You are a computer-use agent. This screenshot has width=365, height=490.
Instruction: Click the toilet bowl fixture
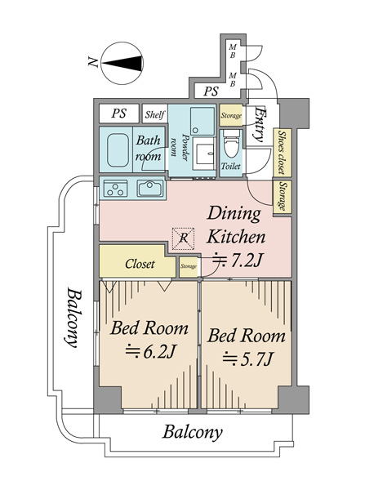(231, 145)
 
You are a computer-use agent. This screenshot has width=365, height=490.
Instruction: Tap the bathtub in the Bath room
(118, 150)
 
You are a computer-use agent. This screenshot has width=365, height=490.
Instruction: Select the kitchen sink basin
(150, 189)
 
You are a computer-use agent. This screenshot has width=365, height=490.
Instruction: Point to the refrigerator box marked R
(184, 238)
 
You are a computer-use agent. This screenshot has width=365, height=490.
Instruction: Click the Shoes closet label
(283, 152)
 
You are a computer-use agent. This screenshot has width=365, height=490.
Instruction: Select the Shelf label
(154, 114)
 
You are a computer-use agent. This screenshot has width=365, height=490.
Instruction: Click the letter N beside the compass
(93, 62)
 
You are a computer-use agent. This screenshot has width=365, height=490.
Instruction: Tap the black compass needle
(122, 64)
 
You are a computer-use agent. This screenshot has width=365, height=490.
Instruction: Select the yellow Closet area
(137, 261)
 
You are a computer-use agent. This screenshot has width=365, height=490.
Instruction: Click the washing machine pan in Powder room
(203, 121)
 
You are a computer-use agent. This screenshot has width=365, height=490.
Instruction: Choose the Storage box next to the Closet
(189, 266)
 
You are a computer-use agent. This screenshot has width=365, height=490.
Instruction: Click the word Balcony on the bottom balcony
(193, 433)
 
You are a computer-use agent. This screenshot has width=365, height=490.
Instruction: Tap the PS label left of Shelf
(119, 114)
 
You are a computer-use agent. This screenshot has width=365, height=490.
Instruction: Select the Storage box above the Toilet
(231, 115)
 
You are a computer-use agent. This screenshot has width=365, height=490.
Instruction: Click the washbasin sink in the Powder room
(203, 154)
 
